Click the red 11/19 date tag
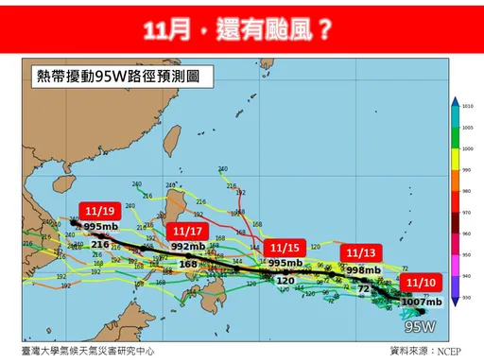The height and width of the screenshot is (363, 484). [98, 211]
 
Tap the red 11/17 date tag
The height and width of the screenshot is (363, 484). [186, 230]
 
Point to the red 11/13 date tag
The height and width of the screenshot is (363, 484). [361, 253]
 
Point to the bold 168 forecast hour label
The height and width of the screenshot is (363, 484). [188, 264]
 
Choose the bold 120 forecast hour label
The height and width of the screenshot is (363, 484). [285, 280]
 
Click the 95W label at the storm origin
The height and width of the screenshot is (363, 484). [419, 327]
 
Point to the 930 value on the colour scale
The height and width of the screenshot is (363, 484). [467, 299]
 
